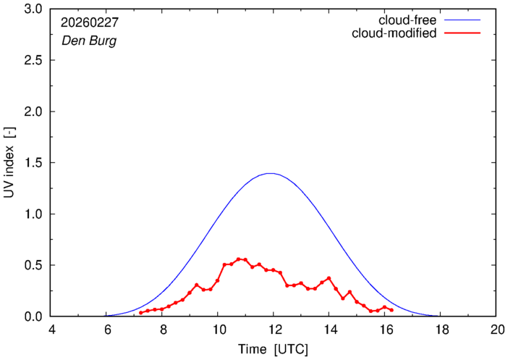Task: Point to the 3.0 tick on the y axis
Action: tap(33, 9)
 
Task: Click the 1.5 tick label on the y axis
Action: tap(33, 163)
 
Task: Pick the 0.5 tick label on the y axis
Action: tap(33, 265)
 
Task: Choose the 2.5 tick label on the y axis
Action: tap(33, 61)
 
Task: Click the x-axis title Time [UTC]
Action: tap(274, 348)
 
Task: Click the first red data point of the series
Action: tap(141, 312)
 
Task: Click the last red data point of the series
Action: tap(391, 310)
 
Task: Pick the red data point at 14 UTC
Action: tap(329, 278)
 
